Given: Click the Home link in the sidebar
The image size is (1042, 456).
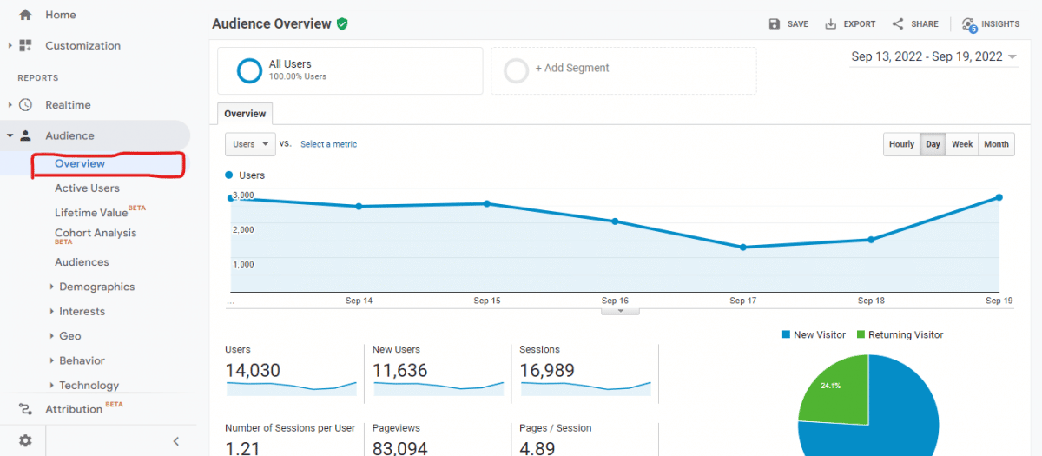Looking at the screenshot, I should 60,15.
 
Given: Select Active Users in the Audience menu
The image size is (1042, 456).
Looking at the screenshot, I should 87,188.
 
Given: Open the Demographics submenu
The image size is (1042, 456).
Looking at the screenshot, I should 96,287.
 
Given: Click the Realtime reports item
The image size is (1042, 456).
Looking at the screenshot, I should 68,105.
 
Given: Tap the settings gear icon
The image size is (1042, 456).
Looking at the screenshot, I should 25,440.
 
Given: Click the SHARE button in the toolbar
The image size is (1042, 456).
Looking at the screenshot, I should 915,24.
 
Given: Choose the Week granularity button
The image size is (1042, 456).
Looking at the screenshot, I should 962,144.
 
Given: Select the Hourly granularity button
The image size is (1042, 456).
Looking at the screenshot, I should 901,144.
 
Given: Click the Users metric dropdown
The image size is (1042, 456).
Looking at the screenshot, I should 250,144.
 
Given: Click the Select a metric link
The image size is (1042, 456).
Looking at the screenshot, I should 328,144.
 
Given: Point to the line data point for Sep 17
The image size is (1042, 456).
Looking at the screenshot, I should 743,248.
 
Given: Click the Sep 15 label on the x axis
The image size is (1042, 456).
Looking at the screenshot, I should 487,301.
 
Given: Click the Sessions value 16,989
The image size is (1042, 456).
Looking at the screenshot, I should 547,371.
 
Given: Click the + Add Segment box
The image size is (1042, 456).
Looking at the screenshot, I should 623,69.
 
